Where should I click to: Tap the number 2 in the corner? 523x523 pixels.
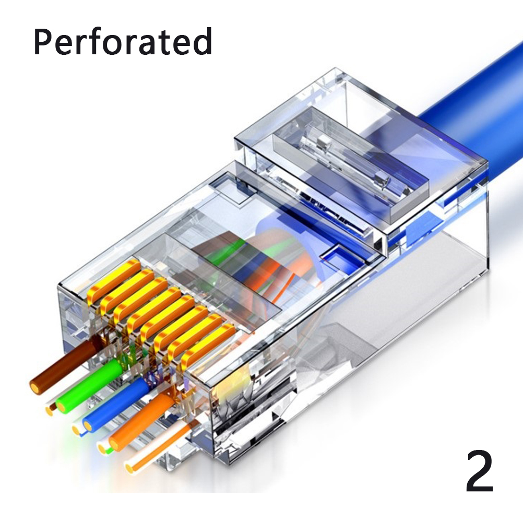coord(479,471)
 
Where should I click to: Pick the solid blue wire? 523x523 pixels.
coord(115,405)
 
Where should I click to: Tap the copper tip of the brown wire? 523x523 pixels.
coord(35,387)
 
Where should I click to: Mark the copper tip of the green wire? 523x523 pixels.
coord(61,406)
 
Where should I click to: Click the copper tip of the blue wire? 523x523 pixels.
coord(88,425)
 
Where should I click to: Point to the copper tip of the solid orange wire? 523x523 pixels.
coord(114,445)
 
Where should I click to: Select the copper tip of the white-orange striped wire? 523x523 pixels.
coord(130,467)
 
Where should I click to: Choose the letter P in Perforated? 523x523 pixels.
coord(43,42)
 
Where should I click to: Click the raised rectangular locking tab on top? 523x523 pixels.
coord(350,163)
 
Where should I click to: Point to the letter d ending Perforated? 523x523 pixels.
coord(203,41)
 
